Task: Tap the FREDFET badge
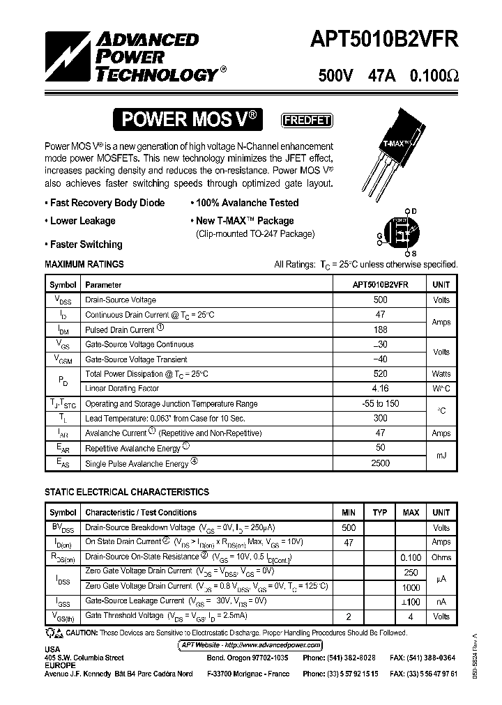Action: (x=306, y=120)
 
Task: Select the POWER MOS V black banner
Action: (x=190, y=120)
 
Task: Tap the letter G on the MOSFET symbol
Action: (x=379, y=236)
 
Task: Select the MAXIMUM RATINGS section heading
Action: (x=84, y=265)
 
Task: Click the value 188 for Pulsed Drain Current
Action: (x=380, y=330)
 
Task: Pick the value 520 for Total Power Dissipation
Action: (x=380, y=374)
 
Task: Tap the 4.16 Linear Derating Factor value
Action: (x=380, y=389)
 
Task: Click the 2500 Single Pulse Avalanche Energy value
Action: (x=380, y=463)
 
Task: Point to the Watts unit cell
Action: (x=441, y=374)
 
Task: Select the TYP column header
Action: (x=380, y=513)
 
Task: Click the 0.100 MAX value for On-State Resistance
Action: (x=411, y=557)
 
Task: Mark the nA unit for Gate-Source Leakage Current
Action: (x=441, y=601)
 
